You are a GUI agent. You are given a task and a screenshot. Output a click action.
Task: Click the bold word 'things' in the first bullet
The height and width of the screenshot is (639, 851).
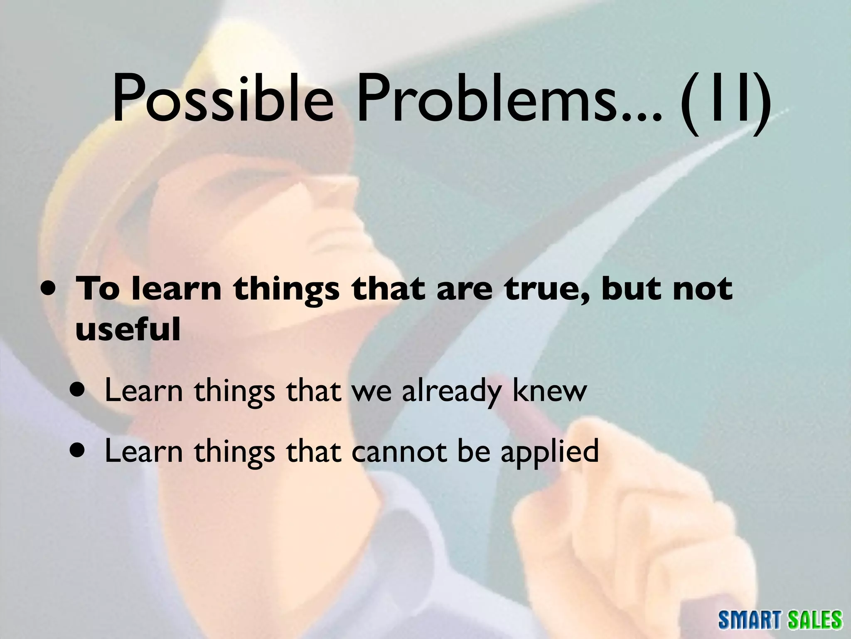286,290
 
